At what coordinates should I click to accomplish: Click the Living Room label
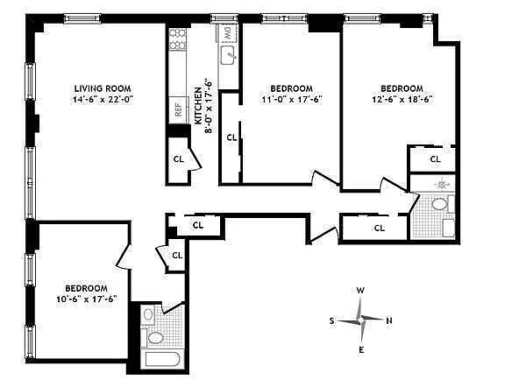point(103,88)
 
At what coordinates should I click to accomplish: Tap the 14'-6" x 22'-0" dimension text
point(103,100)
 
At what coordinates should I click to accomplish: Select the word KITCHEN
point(198,106)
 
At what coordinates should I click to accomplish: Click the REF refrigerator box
point(178,109)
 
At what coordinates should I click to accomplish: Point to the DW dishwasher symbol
point(227,33)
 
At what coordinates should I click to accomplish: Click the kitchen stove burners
point(177,39)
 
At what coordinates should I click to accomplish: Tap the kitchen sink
point(229,55)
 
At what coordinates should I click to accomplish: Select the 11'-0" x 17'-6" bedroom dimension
point(292,100)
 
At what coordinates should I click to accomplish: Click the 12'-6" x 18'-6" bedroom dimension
point(402,100)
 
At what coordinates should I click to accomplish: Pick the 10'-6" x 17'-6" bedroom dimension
point(87,299)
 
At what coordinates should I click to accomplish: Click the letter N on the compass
point(389,320)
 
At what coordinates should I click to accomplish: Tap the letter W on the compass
point(360,290)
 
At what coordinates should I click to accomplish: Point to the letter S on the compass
point(331,320)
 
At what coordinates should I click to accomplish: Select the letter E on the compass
point(361,350)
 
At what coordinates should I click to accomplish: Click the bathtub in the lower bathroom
point(163,360)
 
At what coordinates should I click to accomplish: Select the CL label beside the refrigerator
point(179,158)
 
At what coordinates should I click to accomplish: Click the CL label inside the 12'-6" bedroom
point(436,158)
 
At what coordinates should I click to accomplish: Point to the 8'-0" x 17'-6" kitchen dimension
point(209,106)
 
